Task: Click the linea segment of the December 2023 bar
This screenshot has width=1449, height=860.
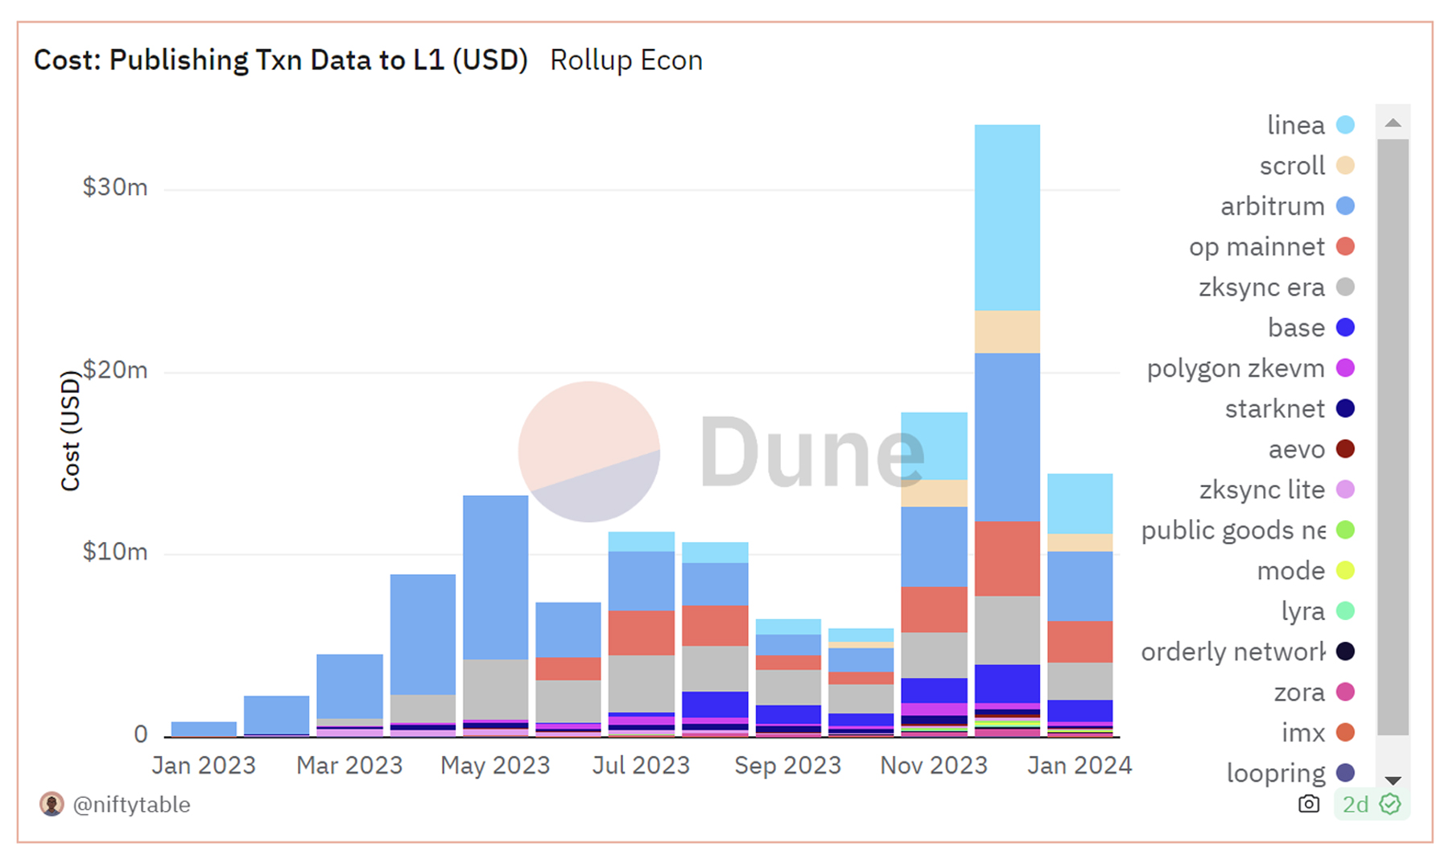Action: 1006,217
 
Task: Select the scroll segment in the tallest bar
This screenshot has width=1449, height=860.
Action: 1006,332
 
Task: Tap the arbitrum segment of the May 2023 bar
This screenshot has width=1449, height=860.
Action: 495,577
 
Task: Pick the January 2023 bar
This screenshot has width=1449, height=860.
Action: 204,728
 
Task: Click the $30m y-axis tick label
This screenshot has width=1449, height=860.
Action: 115,188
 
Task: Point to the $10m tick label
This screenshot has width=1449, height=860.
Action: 115,552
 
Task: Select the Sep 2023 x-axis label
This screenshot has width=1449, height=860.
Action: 787,765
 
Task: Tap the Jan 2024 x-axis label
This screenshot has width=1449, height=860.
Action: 1080,765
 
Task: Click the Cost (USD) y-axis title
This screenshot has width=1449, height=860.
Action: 71,431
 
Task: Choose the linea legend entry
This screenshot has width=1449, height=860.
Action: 1295,126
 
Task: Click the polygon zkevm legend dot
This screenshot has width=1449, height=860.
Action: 1344,368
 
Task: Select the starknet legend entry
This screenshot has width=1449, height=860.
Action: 1274,409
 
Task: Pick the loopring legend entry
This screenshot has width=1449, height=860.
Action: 1275,773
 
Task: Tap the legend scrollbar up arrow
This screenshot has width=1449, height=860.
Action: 1393,123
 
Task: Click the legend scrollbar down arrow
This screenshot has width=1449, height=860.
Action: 1393,780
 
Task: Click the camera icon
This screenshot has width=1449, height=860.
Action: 1309,804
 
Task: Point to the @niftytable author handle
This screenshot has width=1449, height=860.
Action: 131,804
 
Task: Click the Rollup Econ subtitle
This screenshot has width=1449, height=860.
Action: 625,60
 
